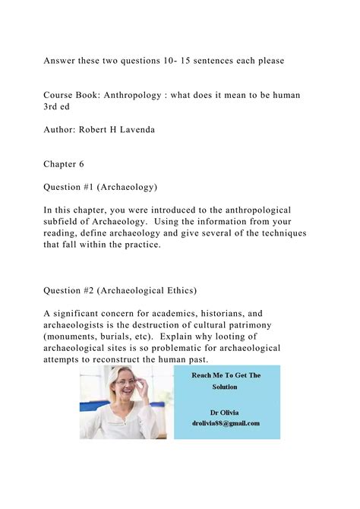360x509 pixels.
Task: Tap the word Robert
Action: pos(98,130)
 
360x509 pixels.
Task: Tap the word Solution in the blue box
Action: pos(225,387)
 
